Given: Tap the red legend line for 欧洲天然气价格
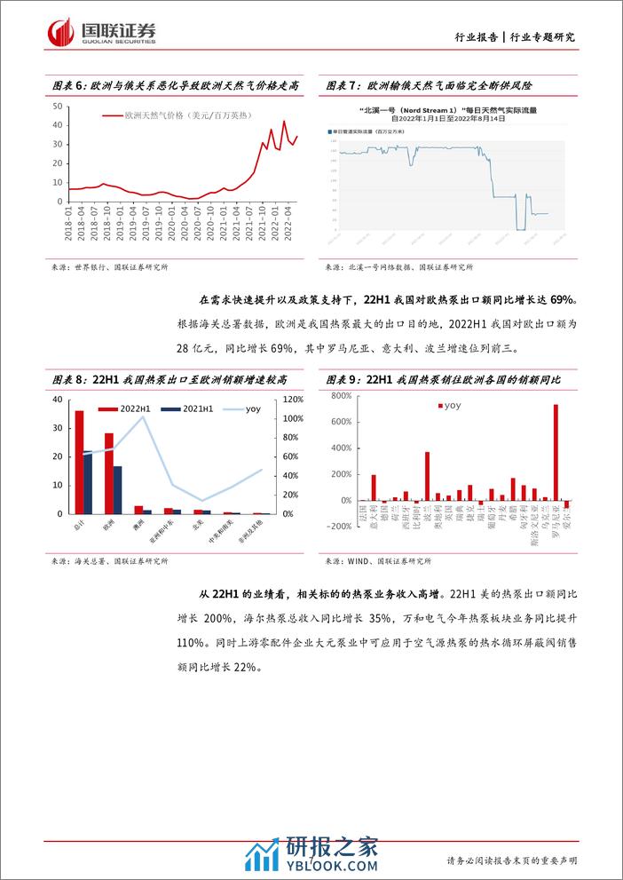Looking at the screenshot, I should (112, 115).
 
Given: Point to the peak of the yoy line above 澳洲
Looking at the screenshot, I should (144, 416).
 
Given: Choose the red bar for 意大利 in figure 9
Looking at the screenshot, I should (374, 488).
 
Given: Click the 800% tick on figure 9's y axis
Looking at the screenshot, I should (341, 396).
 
